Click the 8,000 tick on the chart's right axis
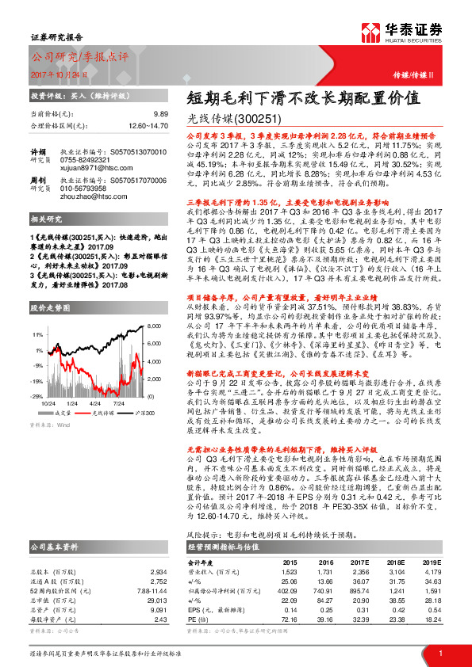pyautogui.click(x=153, y=326)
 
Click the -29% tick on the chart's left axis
pyautogui.click(x=37, y=394)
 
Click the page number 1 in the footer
pyautogui.click(x=439, y=654)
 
